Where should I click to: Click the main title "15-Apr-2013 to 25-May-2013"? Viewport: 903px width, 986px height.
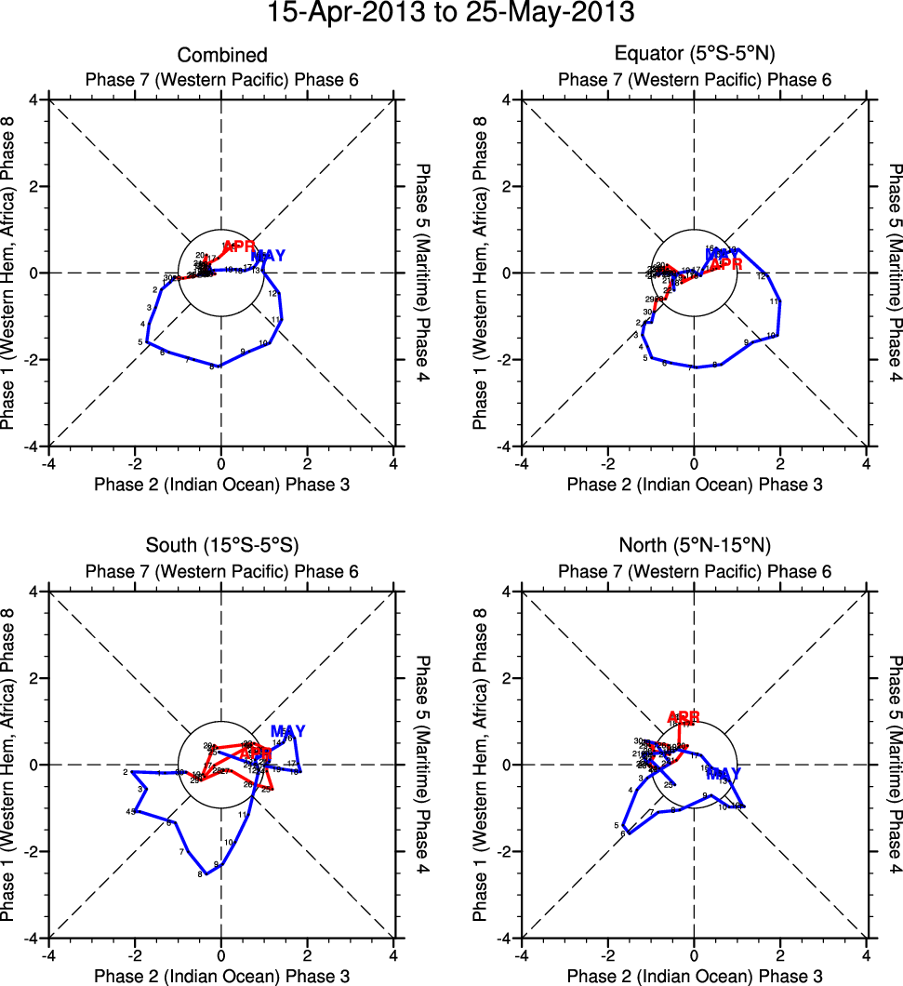[x=451, y=14]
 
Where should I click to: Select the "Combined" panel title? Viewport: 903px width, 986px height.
[x=221, y=56]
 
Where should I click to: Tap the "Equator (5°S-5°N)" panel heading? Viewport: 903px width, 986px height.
[x=695, y=56]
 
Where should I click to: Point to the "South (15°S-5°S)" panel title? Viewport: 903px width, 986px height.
[x=221, y=545]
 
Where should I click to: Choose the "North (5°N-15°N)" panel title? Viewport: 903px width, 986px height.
[x=695, y=545]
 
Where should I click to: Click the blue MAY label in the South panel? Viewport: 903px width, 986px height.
[x=287, y=731]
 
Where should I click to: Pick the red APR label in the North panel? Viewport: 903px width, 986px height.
[x=684, y=717]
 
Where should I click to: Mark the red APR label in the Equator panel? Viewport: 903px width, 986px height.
[x=726, y=264]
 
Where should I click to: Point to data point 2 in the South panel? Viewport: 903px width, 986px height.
[x=125, y=772]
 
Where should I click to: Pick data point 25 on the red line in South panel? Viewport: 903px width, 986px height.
[x=266, y=790]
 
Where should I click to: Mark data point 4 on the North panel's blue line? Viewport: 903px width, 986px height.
[x=631, y=791]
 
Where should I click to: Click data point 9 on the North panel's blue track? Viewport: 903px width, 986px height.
[x=706, y=795]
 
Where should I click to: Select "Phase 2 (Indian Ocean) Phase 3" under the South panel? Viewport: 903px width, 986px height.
[x=221, y=977]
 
